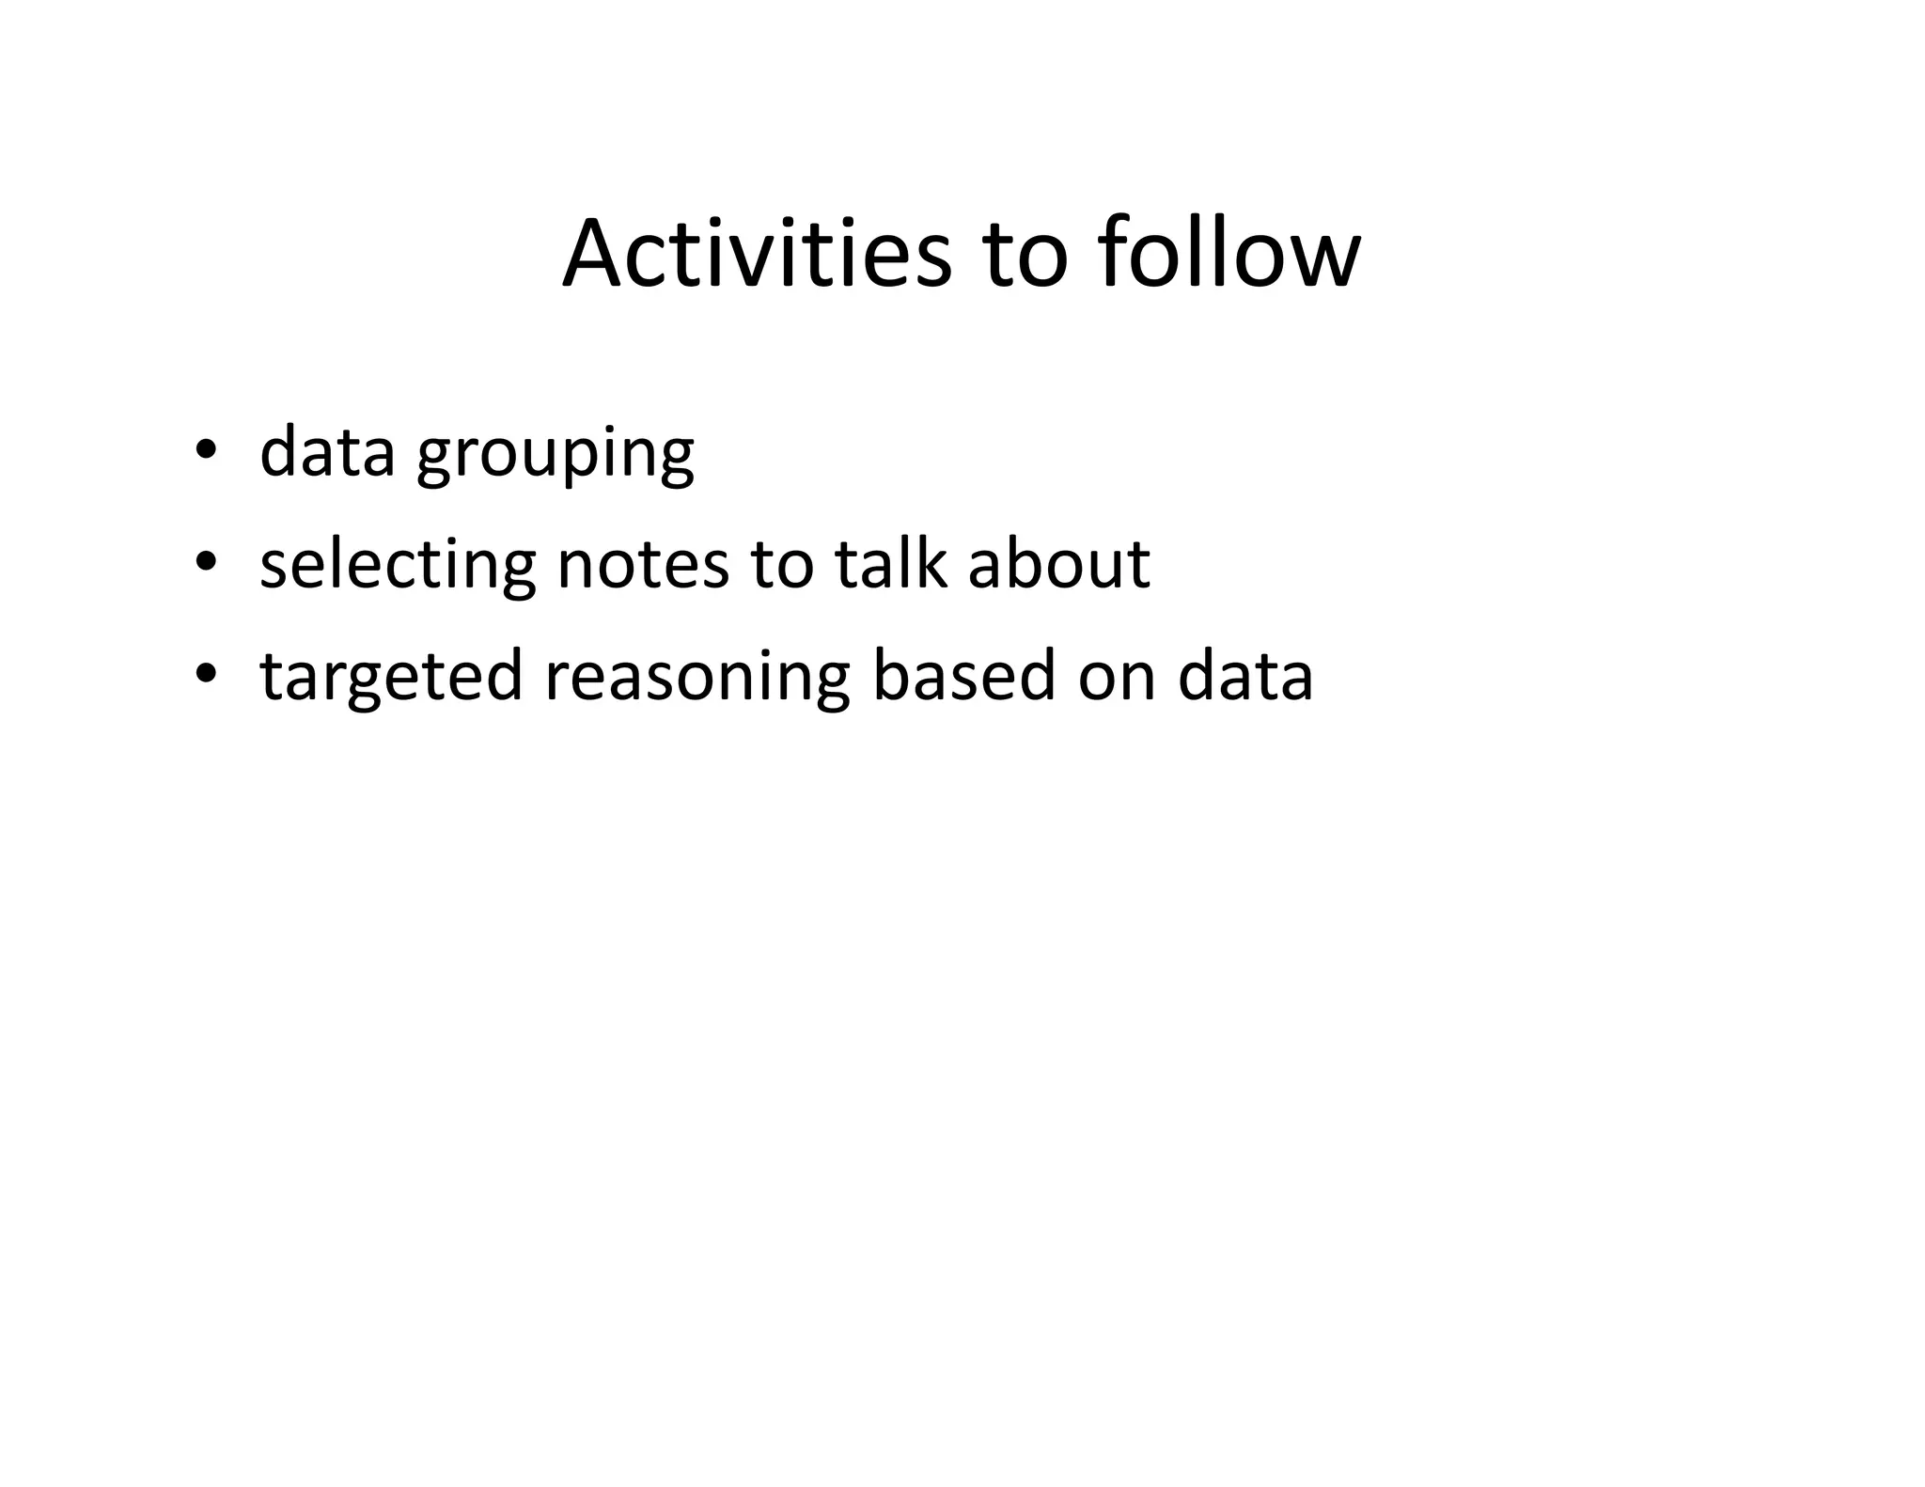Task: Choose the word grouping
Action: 555,457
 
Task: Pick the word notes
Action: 643,565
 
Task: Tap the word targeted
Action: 391,679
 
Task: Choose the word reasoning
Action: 696,679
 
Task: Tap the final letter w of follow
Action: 1325,258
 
